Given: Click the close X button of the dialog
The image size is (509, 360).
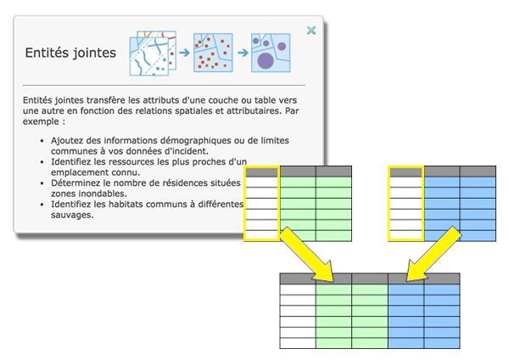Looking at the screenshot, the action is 311,31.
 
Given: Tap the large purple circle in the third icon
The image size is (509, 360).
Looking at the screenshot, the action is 266,59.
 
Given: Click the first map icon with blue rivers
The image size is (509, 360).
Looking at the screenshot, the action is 153,53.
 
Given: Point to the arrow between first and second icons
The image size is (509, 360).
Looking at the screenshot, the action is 183,53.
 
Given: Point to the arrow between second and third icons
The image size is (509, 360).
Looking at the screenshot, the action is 241,53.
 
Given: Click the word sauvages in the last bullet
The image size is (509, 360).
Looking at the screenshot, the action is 73,216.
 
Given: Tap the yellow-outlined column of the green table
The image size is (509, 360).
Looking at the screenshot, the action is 261,203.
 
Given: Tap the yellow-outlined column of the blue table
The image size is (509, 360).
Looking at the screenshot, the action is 406,203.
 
